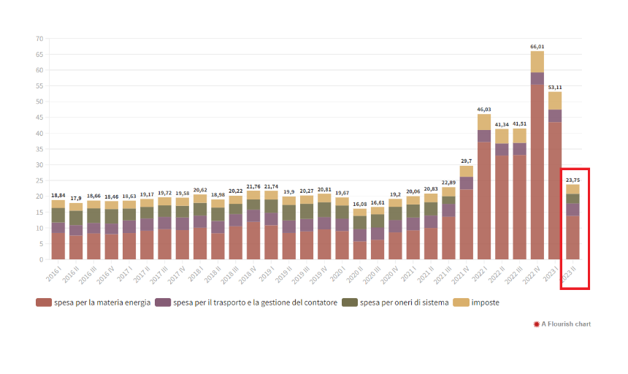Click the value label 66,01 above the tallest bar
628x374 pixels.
pyautogui.click(x=537, y=46)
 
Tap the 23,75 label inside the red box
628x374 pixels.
pyautogui.click(x=573, y=180)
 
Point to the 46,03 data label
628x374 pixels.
pyautogui.click(x=483, y=110)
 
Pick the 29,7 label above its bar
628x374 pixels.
pyautogui.click(x=466, y=161)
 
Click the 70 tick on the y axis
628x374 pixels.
pyautogui.click(x=39, y=39)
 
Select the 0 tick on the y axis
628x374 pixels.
pyautogui.click(x=42, y=259)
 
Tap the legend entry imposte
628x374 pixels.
pyautogui.click(x=486, y=302)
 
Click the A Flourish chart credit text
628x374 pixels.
pyautogui.click(x=566, y=324)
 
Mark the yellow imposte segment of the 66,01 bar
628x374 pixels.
pyautogui.click(x=537, y=61)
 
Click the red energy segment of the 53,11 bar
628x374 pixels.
pyautogui.click(x=555, y=190)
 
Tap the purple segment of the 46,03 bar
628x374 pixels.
pyautogui.click(x=483, y=136)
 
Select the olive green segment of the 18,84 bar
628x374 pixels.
pyautogui.click(x=58, y=215)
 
